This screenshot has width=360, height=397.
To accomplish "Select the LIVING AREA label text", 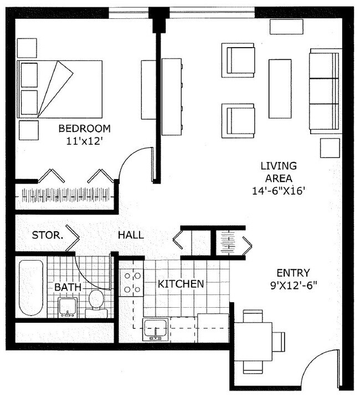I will point(279,172).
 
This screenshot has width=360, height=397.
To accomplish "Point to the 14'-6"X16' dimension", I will point(279,190).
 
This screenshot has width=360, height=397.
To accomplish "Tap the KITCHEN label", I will point(181,284).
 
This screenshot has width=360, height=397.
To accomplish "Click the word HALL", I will point(131,235).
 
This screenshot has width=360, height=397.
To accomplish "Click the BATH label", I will point(68,287).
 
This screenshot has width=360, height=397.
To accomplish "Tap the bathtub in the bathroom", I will point(30,287).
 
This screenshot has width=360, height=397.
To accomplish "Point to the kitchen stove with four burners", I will point(131,282).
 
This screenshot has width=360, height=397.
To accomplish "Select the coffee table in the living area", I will point(280,89).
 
